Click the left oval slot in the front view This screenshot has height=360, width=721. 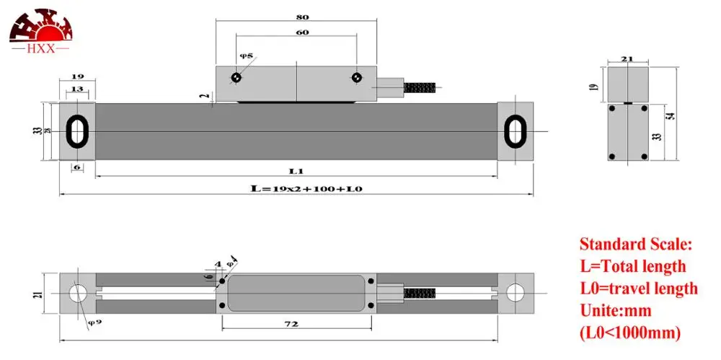tap(76, 131)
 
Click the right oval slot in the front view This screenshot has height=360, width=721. tap(515, 131)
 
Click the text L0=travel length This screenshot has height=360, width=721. tap(639, 289)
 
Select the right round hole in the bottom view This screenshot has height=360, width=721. tap(515, 292)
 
